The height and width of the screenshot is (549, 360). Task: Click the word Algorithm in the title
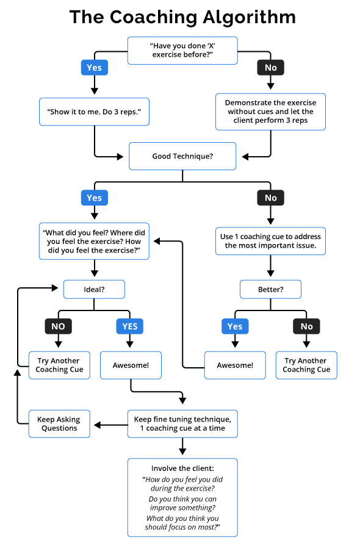pos(249,17)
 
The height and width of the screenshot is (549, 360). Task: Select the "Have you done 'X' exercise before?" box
pos(182,51)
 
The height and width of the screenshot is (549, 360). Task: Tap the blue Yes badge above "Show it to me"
pos(95,68)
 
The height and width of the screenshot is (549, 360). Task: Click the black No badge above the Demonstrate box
pos(271,68)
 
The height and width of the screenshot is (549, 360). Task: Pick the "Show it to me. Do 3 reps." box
pos(94,112)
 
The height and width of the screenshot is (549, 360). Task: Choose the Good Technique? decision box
pos(182,156)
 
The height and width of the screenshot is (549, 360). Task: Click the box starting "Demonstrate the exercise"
pos(271,112)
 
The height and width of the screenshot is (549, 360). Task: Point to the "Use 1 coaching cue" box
pos(271,241)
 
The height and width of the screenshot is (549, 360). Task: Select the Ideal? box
pos(94,289)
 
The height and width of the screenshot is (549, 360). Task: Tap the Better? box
pos(271,289)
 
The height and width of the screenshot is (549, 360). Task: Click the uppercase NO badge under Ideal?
pos(58,326)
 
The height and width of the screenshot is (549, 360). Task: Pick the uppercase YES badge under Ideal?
pos(130,326)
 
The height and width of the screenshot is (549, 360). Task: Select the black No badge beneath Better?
pos(306,326)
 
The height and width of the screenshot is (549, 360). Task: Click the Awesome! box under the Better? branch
pos(235,365)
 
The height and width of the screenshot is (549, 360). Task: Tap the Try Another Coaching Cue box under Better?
pos(306,365)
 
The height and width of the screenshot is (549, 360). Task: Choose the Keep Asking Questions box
pos(59,424)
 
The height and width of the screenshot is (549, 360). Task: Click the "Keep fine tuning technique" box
pos(182,424)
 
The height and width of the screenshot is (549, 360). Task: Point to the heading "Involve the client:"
pos(182,468)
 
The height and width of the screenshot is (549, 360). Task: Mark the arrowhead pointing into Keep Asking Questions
pos(98,425)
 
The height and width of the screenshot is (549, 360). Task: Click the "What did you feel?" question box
pos(94,241)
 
